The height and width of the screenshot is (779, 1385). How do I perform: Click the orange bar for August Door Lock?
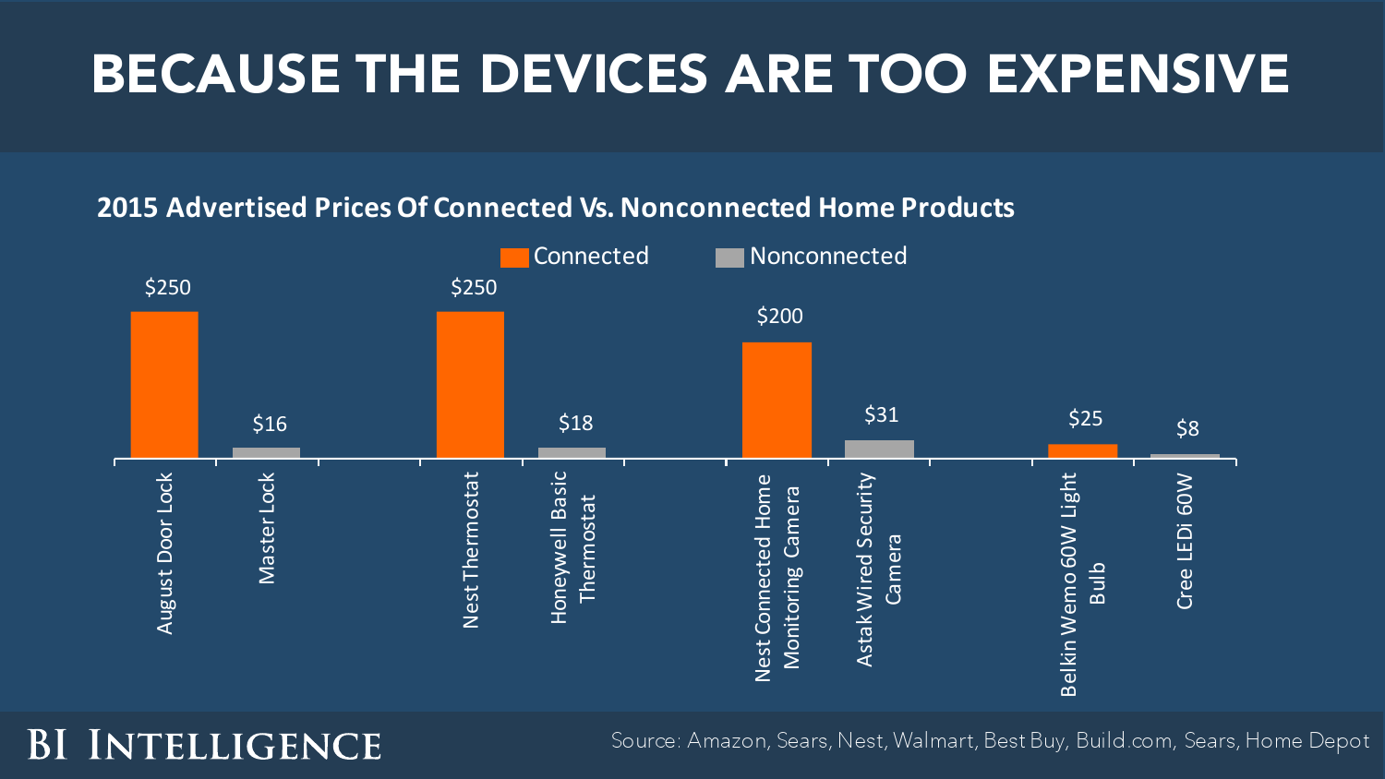[164, 384]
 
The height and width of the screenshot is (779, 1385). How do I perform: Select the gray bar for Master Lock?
[266, 452]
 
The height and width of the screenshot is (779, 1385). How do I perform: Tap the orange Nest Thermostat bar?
[470, 384]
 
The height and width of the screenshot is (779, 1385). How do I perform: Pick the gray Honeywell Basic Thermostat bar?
[572, 452]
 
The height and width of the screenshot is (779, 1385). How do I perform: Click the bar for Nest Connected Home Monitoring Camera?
[777, 400]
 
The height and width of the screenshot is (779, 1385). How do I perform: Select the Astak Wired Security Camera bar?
[879, 449]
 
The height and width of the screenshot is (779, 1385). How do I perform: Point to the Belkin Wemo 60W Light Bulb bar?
[1082, 450]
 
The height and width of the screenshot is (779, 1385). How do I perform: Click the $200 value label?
[779, 317]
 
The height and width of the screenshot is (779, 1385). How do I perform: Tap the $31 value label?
[881, 415]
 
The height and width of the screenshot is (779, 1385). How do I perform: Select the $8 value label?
[1187, 428]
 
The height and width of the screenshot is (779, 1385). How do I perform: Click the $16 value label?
[270, 425]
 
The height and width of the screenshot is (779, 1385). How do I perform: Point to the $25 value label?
[1085, 419]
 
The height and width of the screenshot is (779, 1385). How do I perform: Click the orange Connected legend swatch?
[514, 258]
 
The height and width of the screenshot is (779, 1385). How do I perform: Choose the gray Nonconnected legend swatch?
[729, 258]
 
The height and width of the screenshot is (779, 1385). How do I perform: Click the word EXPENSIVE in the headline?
[1138, 74]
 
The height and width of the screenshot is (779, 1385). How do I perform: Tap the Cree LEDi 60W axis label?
[1186, 541]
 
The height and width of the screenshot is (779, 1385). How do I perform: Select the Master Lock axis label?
[267, 528]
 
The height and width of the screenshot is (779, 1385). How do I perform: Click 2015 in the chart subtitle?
[127, 208]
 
